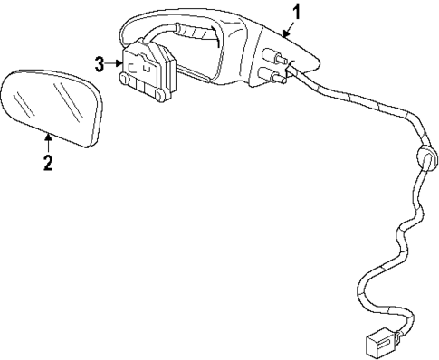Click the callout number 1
click(295, 12)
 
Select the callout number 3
click(101, 62)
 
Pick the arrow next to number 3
click(115, 62)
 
